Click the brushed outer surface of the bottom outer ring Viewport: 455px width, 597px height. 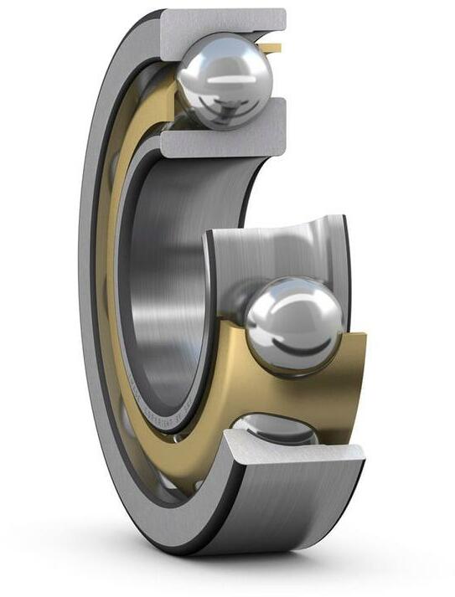pyautogui.click(x=277, y=519)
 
